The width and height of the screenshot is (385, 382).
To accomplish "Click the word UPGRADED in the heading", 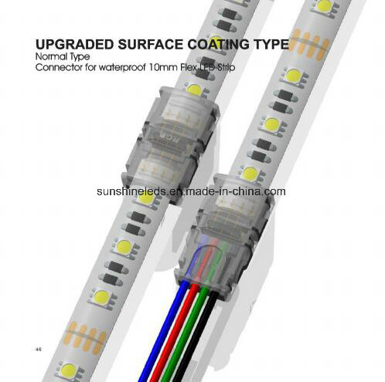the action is [x=74, y=44].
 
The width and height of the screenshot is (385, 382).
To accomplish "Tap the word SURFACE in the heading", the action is [x=151, y=44].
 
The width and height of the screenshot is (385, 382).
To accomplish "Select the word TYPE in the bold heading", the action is [x=272, y=44].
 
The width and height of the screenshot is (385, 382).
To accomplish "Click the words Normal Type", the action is [x=63, y=56].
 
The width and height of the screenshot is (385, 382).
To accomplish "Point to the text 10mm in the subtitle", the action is [x=163, y=67].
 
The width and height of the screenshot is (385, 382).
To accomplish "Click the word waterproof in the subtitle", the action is [x=123, y=68].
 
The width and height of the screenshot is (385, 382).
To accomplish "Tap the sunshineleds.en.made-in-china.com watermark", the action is [x=191, y=191].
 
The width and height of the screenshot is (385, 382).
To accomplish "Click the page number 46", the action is [x=39, y=350].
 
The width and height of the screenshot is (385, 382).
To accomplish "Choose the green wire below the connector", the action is [x=187, y=334].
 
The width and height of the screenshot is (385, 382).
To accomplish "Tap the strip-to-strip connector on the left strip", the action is [x=171, y=144].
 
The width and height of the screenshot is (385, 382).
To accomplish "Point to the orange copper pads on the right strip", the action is [x=309, y=44].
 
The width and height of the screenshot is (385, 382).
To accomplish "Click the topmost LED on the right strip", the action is [x=324, y=6].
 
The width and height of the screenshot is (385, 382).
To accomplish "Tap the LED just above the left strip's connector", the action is [x=194, y=90].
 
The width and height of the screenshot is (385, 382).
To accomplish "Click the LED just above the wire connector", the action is [x=250, y=174].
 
